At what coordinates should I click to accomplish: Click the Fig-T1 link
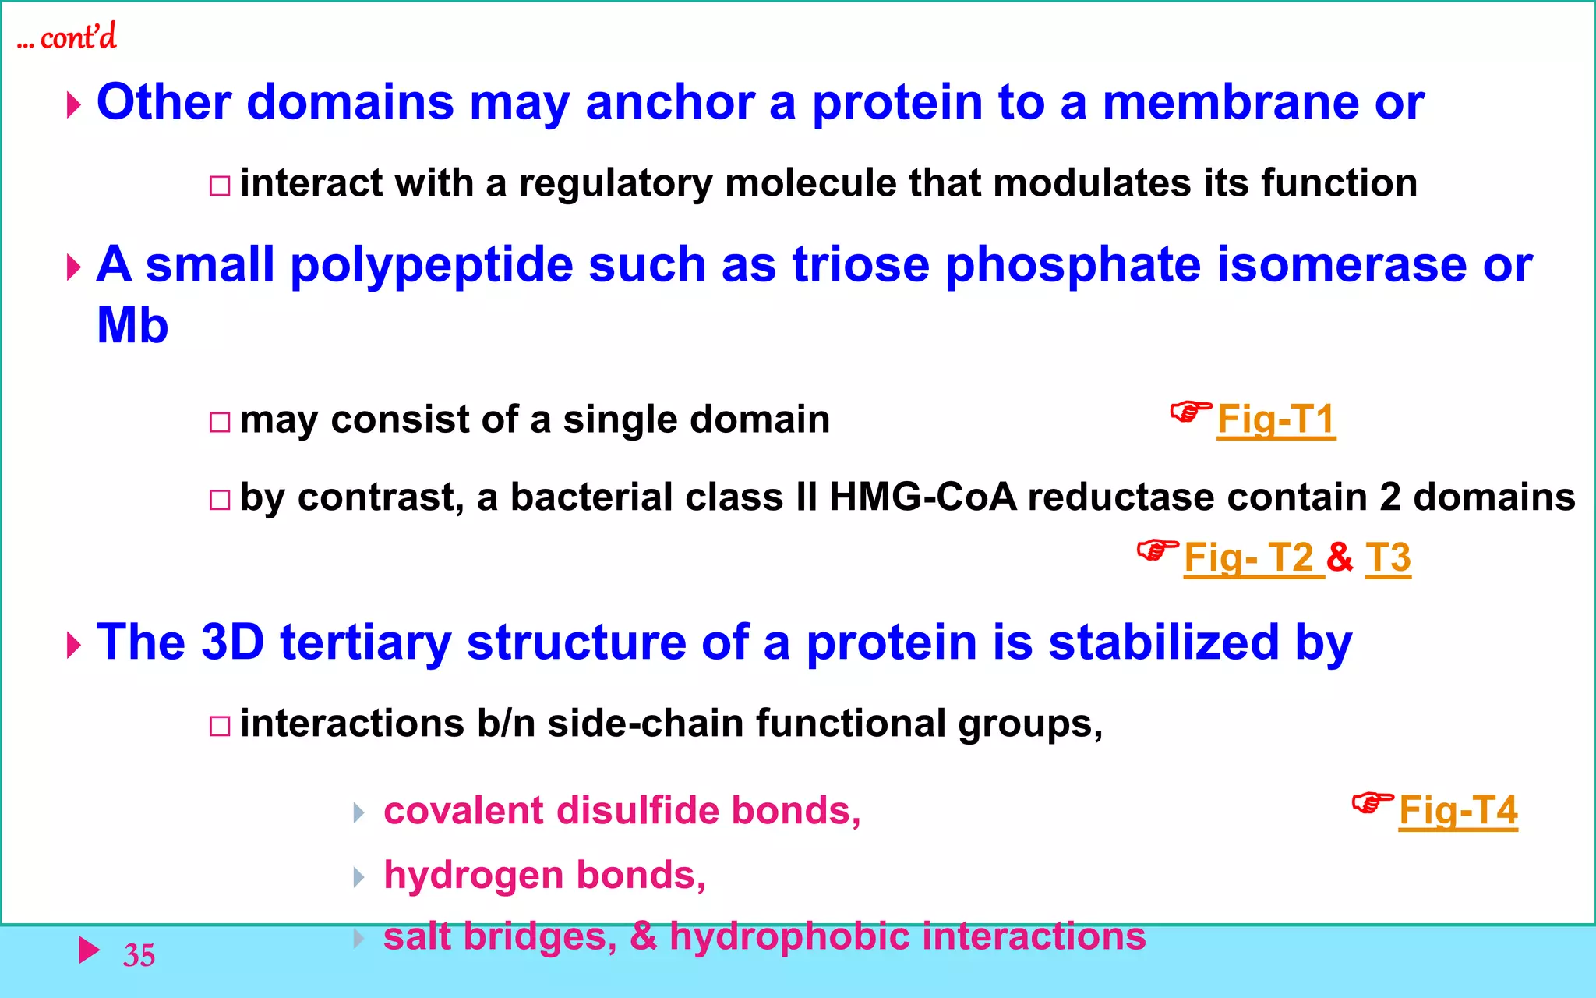coord(1276,419)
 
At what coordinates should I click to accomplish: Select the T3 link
coord(1388,557)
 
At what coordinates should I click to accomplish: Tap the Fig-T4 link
coord(1458,811)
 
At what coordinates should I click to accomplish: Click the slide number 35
coord(139,955)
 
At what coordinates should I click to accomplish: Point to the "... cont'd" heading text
coord(67,37)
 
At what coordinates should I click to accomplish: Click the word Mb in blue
coord(132,325)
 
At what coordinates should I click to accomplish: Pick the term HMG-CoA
coord(923,497)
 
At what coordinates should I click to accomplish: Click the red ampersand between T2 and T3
coord(1340,557)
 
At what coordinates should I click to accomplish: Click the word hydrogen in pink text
coord(474,876)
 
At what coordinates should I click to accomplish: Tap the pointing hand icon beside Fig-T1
coord(1191,411)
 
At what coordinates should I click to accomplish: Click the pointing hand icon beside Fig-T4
coord(1372,802)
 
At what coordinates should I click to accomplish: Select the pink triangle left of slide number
coord(90,950)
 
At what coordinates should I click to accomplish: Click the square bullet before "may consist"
coord(220,423)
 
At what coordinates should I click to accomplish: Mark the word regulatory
coord(616,184)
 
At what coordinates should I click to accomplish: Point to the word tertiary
coord(365,642)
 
